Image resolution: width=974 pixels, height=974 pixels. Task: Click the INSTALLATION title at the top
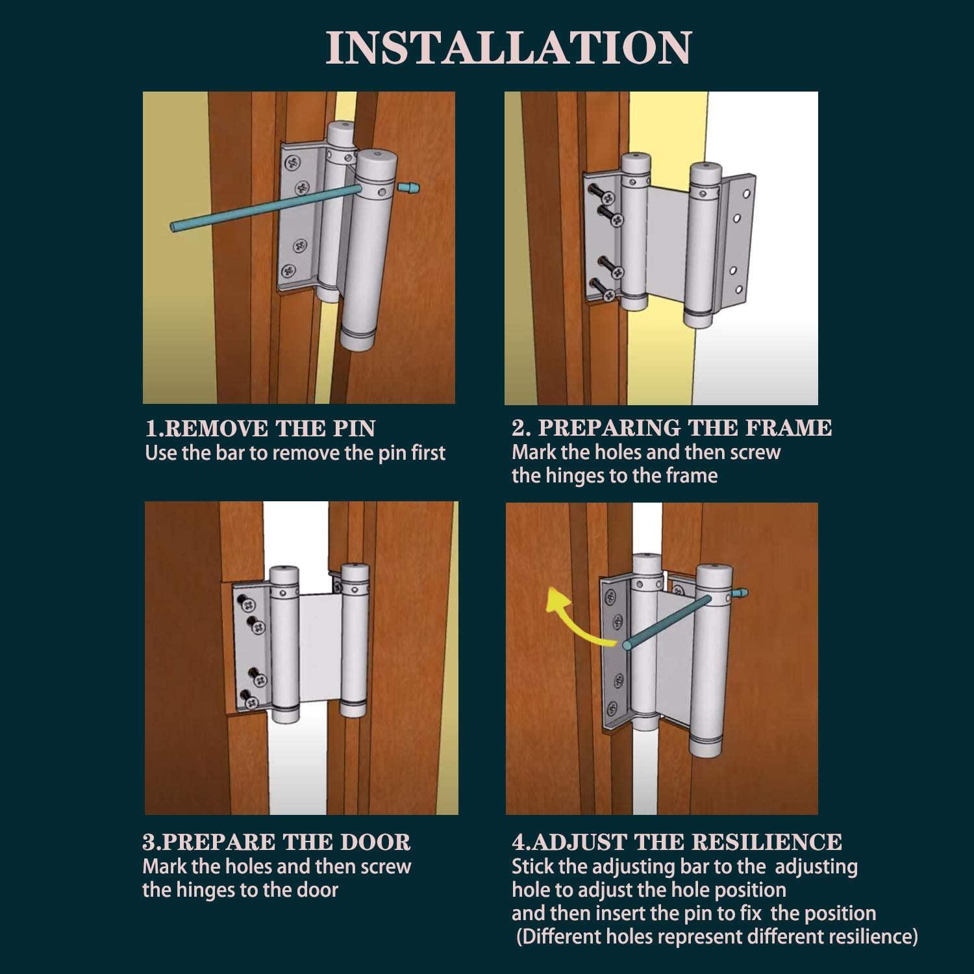(x=508, y=47)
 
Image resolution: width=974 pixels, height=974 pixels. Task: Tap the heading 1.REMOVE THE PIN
(x=260, y=429)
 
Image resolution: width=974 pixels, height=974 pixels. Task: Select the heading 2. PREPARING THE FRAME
(x=671, y=427)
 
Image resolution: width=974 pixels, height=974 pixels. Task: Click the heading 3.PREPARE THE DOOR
(x=276, y=842)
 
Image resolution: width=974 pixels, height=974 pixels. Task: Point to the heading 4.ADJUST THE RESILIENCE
(x=677, y=842)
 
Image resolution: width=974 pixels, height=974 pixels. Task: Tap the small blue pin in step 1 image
(x=410, y=189)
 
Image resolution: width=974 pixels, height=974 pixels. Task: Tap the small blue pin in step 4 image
(x=742, y=592)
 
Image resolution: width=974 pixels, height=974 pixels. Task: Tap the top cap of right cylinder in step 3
(x=355, y=571)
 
